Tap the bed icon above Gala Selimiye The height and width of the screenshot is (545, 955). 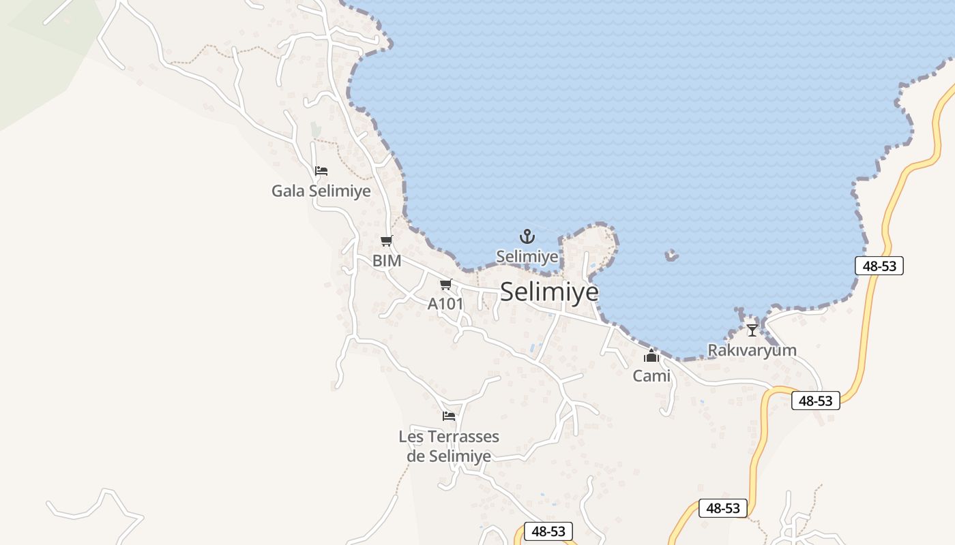point(321,170)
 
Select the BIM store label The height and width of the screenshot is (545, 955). point(387,260)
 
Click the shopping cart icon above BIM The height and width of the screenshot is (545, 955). point(387,240)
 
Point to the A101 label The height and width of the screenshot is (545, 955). point(445,304)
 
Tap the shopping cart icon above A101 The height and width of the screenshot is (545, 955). point(446,284)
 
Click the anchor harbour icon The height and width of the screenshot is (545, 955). point(527,237)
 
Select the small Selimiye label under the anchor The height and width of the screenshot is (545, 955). point(527,257)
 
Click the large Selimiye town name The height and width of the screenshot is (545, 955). point(549,292)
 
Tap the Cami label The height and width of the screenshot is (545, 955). point(651,375)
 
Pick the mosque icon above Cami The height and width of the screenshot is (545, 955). point(651,356)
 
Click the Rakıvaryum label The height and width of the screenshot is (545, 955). point(752,350)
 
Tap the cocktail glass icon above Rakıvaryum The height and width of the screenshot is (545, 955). point(752,330)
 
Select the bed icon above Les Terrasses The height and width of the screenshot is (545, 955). point(448,416)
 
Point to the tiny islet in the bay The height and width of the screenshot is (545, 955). point(672,255)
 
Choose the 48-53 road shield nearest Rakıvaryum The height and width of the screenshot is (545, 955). point(815,401)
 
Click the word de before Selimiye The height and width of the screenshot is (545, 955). point(416,456)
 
